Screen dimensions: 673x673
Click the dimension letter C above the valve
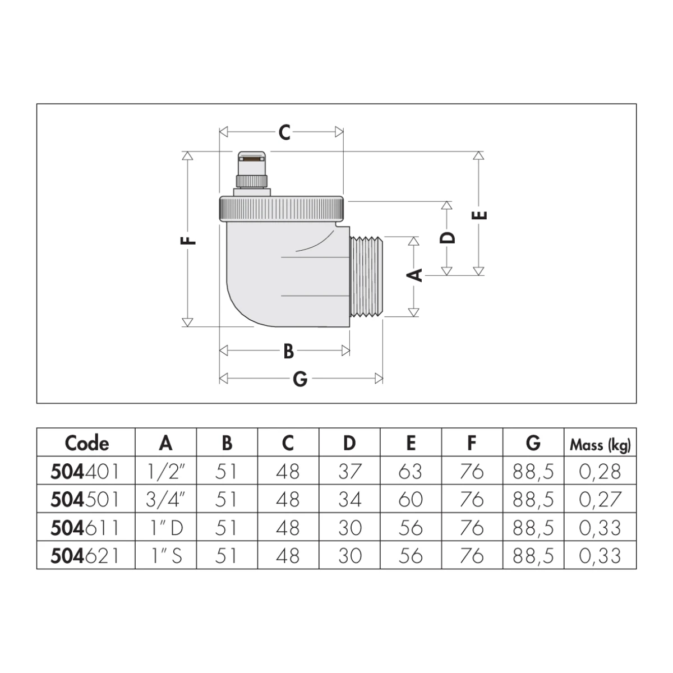[x=284, y=132]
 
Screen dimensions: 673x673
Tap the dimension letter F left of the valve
[x=188, y=241]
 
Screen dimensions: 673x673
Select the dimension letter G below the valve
[x=300, y=379]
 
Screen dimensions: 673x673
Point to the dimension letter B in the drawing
[x=288, y=351]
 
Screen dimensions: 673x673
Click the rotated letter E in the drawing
[x=479, y=215]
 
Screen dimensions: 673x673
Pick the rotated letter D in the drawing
[x=448, y=238]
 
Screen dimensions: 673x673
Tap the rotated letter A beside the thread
[x=414, y=275]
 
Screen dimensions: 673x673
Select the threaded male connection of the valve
[x=366, y=276]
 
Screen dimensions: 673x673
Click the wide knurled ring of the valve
[x=282, y=209]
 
